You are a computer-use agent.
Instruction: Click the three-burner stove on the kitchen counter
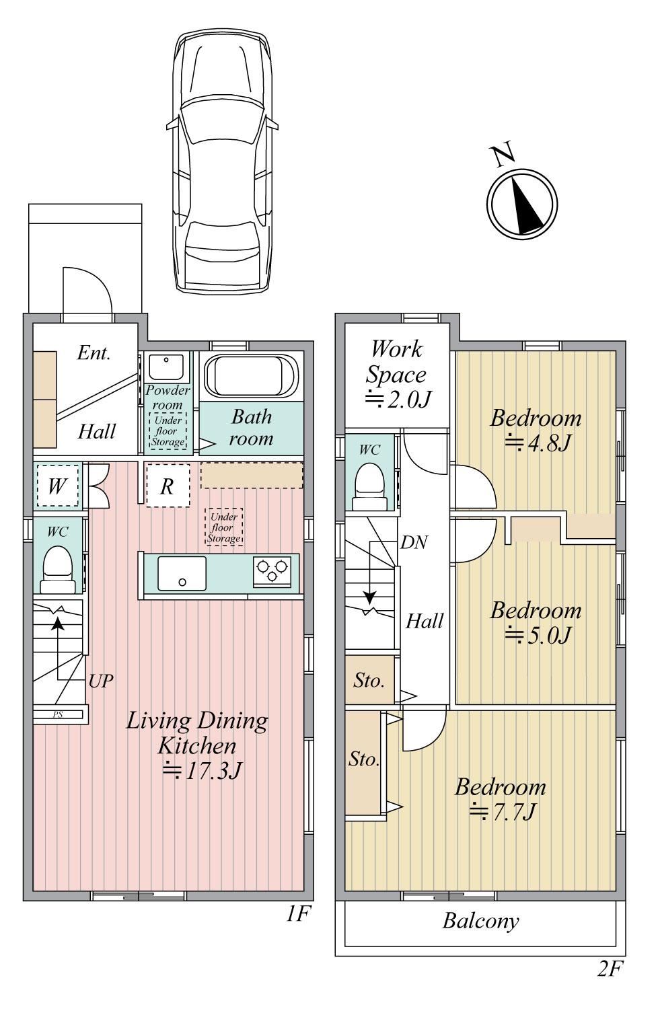(272, 572)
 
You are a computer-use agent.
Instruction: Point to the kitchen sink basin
(182, 573)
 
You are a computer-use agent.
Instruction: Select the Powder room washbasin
(166, 367)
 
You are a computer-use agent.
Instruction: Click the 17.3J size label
(203, 770)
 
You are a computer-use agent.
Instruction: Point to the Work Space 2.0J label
(396, 374)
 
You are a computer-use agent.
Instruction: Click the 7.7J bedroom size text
(502, 812)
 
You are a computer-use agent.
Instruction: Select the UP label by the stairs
(100, 681)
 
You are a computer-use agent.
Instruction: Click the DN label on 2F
(414, 543)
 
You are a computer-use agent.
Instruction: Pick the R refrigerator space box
(168, 486)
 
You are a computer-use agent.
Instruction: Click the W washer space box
(57, 486)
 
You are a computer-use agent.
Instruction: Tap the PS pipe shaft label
(58, 714)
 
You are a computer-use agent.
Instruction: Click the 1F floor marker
(298, 914)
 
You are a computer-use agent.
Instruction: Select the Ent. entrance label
(94, 352)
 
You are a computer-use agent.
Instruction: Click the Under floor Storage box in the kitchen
(224, 527)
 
